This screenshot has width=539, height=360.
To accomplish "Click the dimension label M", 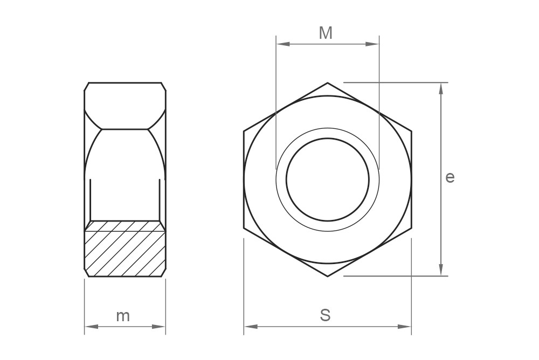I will tap(326, 33).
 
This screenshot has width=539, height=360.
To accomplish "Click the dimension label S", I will tap(325, 315).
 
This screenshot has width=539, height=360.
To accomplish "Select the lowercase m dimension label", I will tap(123, 316).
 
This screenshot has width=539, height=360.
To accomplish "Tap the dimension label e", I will tap(450, 177).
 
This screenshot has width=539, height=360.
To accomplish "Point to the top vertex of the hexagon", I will tap(328, 82).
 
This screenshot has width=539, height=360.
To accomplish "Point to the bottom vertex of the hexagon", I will tap(328, 276).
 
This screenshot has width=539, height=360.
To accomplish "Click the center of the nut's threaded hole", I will tap(328, 179).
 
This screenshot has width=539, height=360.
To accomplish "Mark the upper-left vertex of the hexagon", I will tap(244, 131).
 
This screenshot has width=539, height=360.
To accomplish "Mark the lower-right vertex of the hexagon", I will tap(412, 228).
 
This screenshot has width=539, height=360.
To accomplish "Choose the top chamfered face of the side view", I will tap(125, 105).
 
